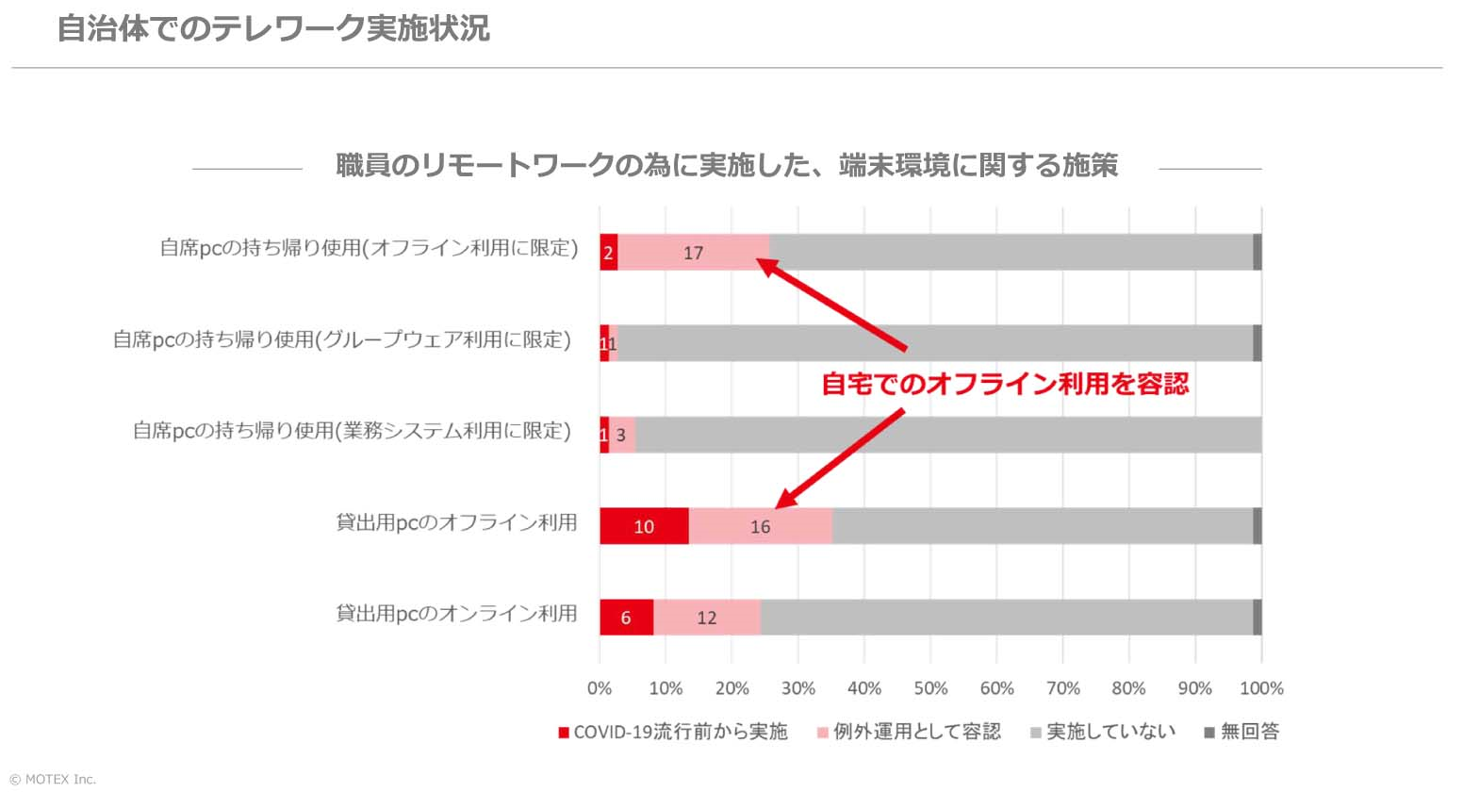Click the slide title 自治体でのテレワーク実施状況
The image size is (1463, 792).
[x=273, y=28]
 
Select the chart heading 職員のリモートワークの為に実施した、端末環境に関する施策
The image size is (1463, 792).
[x=727, y=166]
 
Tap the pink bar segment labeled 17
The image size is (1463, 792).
[x=694, y=253]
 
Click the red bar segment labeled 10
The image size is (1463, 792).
[x=644, y=526]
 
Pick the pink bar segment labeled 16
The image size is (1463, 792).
[x=761, y=526]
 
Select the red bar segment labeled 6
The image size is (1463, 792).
[x=626, y=618]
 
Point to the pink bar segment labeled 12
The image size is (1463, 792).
[x=707, y=618]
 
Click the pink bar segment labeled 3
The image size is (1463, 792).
[x=622, y=435]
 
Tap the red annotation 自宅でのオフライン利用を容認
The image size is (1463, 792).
[x=1005, y=384]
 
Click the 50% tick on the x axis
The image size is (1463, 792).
[x=930, y=688]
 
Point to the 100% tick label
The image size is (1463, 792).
[x=1261, y=688]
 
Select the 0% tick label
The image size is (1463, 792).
[x=600, y=688]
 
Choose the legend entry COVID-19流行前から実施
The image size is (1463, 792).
[x=673, y=732]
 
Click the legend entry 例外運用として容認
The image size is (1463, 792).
[x=909, y=732]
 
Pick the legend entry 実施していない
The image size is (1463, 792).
[x=1103, y=732]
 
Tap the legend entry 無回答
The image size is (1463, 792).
[x=1242, y=732]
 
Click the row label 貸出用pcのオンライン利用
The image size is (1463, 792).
[x=456, y=614]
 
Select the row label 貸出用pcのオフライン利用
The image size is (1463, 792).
[x=456, y=522]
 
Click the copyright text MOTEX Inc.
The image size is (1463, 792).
[x=53, y=780]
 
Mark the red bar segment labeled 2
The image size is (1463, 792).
[x=609, y=253]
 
